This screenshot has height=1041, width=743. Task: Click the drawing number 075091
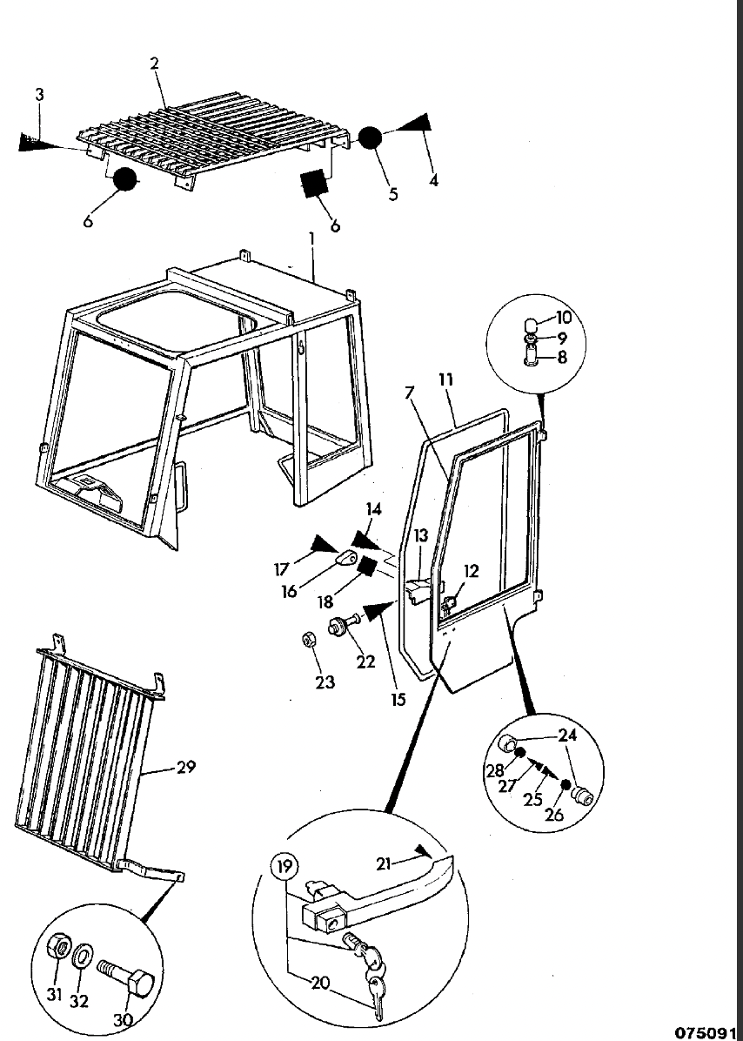point(706,1032)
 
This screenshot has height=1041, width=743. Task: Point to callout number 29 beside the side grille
point(185,767)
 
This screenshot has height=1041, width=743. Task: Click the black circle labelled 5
point(371,138)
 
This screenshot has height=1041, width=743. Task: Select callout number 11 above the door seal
point(445,380)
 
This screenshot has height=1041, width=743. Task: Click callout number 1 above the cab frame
point(311,238)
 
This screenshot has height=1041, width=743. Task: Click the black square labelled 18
point(366,568)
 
